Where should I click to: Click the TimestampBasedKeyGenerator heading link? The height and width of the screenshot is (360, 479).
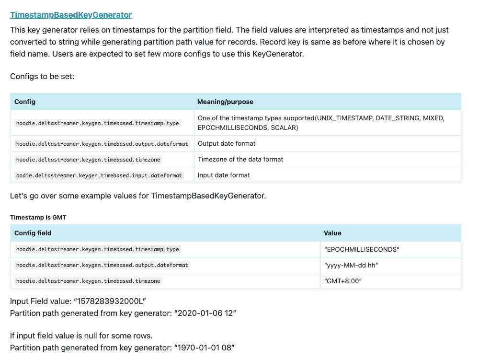point(71,15)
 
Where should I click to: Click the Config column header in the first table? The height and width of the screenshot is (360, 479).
point(25,102)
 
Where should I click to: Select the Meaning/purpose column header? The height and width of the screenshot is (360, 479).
point(225,102)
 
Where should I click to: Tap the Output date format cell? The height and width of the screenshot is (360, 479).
point(227,143)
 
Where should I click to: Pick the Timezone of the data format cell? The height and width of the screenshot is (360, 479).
point(240,159)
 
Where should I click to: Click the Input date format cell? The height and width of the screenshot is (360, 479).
point(224,175)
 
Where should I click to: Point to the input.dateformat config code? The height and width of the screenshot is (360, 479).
point(99,175)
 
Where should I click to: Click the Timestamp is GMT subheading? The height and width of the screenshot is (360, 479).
point(38,217)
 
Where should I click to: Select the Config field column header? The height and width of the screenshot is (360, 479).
point(33,233)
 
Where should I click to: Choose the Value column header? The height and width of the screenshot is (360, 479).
point(332,233)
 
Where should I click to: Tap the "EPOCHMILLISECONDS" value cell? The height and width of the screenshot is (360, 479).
point(362,249)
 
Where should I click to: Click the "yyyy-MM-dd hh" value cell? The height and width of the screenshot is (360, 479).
point(352,265)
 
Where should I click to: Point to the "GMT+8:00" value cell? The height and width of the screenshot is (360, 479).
point(342,281)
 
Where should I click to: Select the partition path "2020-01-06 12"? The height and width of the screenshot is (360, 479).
point(205,313)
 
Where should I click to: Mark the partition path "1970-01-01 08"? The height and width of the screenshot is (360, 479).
point(205,347)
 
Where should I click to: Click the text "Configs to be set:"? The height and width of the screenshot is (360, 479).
point(42,76)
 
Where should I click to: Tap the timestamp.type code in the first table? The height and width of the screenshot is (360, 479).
point(98,123)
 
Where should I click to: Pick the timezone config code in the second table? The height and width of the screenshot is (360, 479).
point(89,281)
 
